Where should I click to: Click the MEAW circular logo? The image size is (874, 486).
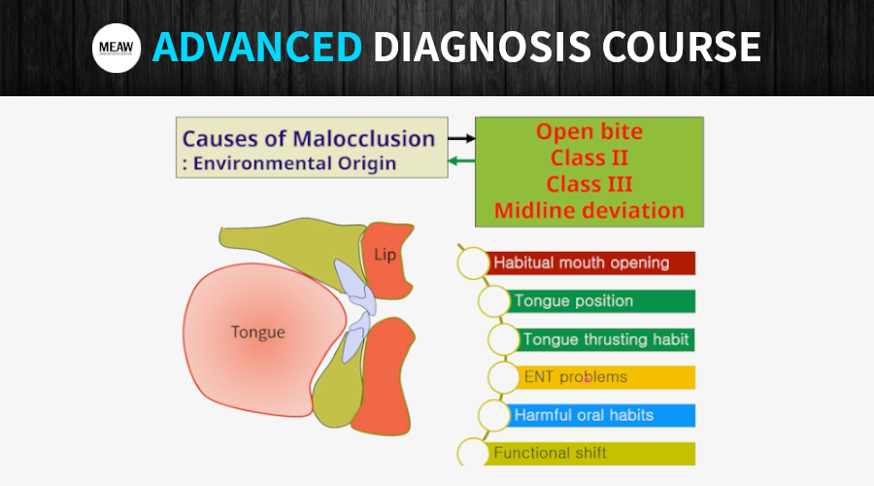[117, 49]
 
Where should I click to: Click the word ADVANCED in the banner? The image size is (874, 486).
[257, 48]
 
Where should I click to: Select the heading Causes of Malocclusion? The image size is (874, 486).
[309, 138]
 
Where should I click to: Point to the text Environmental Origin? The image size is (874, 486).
[294, 162]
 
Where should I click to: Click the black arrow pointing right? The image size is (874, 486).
[461, 139]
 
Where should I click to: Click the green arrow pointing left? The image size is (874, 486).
[461, 161]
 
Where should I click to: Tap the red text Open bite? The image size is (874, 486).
[589, 132]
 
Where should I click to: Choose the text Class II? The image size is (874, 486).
[589, 157]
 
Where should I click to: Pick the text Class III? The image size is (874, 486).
[589, 184]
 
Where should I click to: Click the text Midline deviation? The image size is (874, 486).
[589, 210]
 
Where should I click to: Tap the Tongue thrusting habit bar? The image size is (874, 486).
[606, 339]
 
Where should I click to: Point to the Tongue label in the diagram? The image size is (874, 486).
[258, 332]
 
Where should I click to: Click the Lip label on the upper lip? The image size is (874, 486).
[387, 255]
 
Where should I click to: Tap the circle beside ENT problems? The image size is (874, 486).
[504, 377]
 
